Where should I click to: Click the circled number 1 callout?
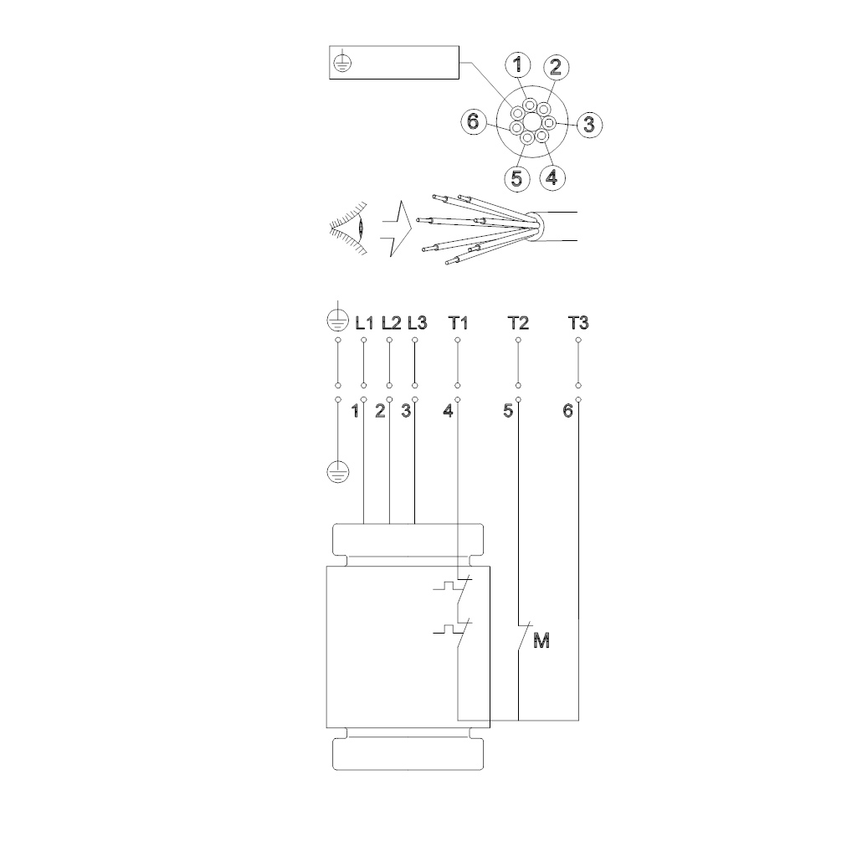pos(517,64)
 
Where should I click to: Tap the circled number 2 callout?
pos(556,67)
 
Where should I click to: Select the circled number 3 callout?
pos(589,125)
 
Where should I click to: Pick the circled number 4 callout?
pos(552,177)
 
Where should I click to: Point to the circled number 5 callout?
pos(517,179)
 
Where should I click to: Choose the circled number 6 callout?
pos(474,121)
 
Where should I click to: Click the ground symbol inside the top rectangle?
pos(341,63)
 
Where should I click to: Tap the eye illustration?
pos(349,228)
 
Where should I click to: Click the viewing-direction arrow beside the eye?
pos(397,228)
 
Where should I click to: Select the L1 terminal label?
pos(365,324)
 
